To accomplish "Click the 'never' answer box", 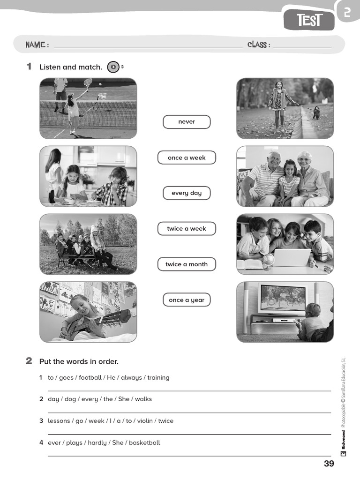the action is pos(187,122).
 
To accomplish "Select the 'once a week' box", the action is pos(187,157).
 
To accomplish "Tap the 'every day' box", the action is pos(187,193).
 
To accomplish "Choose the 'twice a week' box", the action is pos(187,229).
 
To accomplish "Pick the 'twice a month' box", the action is pos(187,264).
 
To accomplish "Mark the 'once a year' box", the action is pos(187,300).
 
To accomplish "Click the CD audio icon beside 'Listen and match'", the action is pos(113,67).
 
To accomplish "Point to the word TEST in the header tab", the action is pos(310,21).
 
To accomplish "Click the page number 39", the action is pos(329,464).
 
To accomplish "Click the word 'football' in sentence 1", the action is pos(90,377).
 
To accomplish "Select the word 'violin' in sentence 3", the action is pos(145,421).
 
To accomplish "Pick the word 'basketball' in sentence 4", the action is pos(144,442).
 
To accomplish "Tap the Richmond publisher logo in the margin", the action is pos(344,443).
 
